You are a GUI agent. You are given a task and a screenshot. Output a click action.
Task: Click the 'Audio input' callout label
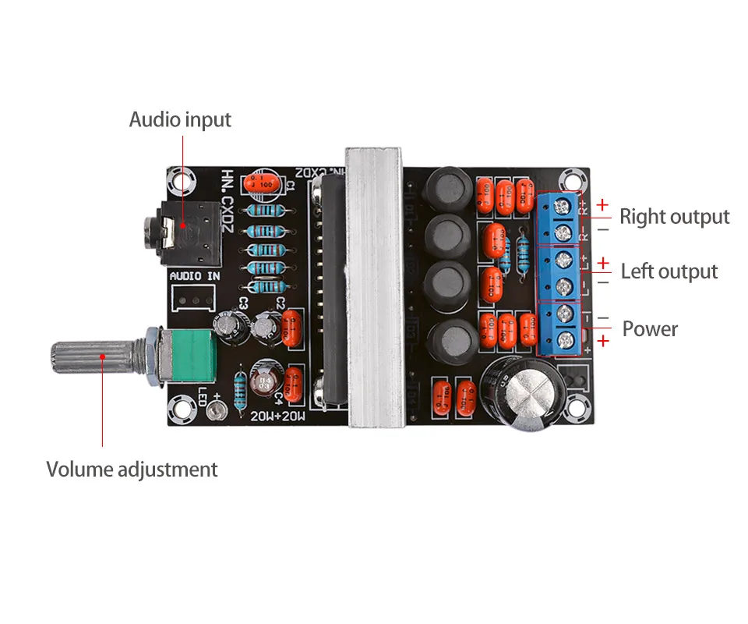(180, 120)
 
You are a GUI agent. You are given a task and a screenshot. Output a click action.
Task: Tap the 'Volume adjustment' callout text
(132, 470)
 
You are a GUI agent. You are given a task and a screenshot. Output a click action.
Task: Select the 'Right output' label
(674, 217)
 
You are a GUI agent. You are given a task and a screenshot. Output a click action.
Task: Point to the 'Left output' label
(669, 271)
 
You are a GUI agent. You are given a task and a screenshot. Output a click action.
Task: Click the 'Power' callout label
(650, 328)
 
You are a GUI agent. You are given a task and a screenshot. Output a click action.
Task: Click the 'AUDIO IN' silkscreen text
(195, 276)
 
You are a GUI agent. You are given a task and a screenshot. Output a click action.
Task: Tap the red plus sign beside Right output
(602, 205)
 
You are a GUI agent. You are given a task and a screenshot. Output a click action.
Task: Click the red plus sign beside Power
(602, 340)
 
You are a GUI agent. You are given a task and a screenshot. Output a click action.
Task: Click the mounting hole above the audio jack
(184, 180)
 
